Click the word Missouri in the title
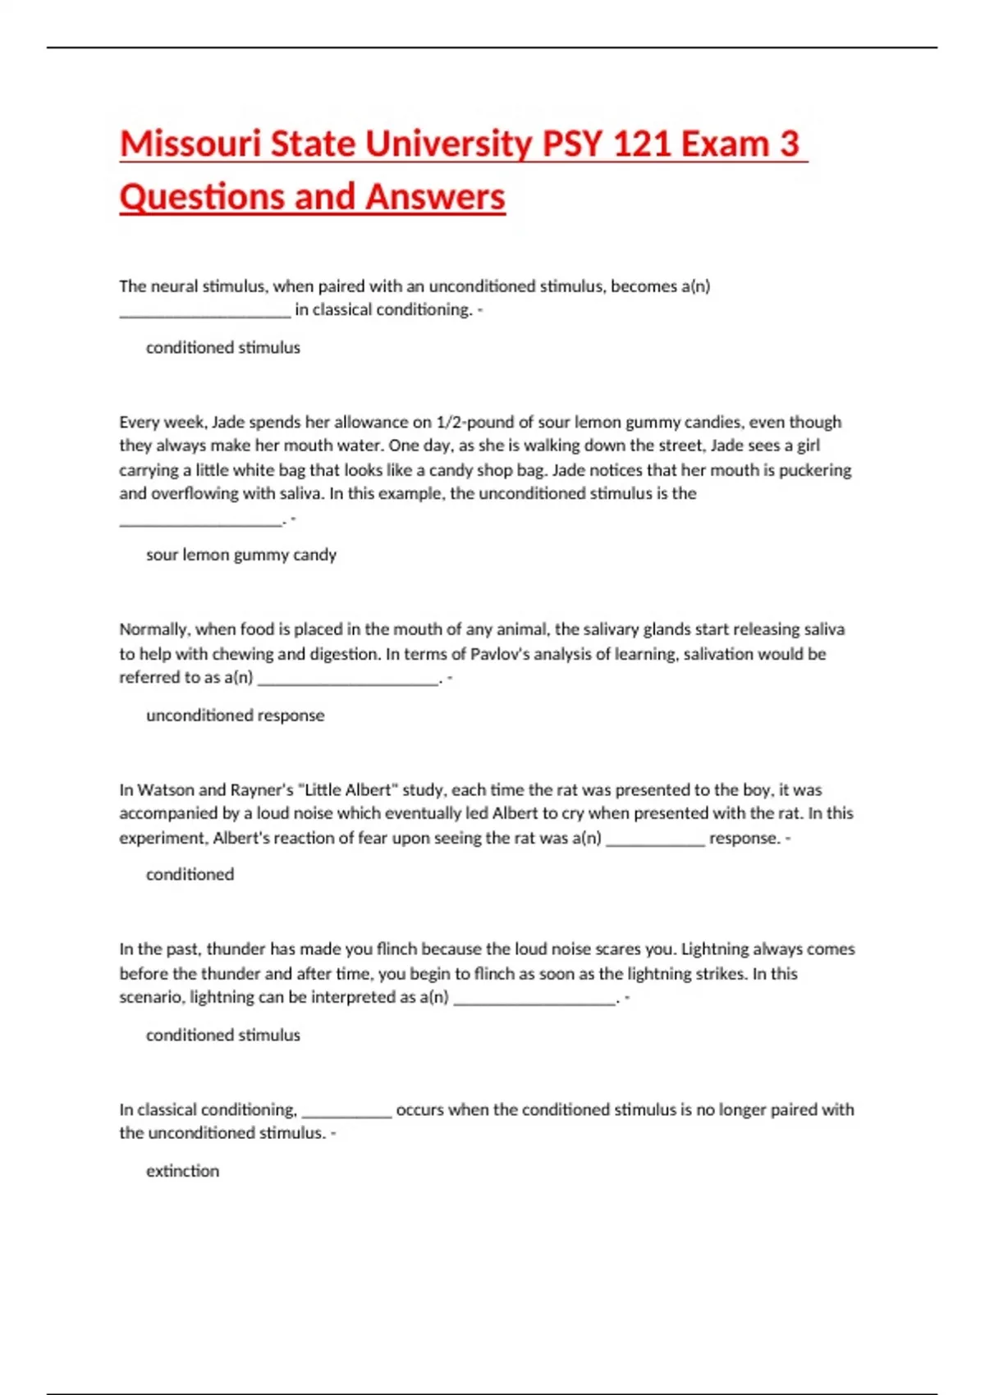[190, 144]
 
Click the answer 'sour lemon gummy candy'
[241, 555]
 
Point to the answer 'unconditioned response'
[235, 716]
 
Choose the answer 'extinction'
[182, 1171]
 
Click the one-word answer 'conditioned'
[190, 875]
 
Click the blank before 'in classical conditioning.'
[204, 311]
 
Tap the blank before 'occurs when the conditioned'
[346, 1111]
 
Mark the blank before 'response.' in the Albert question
[655, 839]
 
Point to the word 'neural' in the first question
[172, 286]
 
